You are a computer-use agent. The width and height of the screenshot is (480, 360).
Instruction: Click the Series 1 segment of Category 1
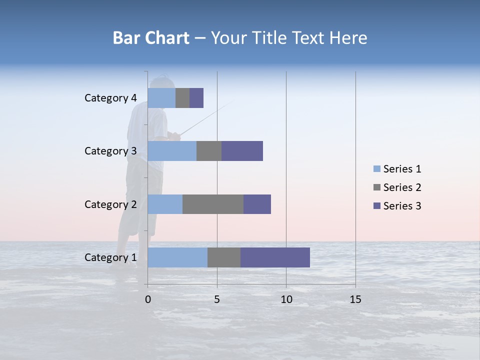pos(177,257)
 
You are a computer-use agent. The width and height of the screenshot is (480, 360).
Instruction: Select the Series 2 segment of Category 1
pos(224,257)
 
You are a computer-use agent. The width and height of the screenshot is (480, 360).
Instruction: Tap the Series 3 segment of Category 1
pos(275,257)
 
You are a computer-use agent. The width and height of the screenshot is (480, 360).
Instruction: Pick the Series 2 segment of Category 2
pos(213,204)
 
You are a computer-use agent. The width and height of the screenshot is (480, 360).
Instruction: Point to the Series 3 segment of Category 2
pos(257,204)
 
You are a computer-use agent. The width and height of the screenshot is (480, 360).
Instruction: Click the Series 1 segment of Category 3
pos(172,151)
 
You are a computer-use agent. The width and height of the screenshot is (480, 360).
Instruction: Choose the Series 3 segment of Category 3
pos(242,151)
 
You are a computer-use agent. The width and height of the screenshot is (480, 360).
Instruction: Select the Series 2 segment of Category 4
pos(182,98)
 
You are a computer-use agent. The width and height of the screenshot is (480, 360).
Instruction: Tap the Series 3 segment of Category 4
pos(196,98)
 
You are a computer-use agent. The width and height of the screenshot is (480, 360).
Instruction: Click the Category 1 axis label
pos(110,257)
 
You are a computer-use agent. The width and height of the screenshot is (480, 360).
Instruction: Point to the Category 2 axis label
pos(110,204)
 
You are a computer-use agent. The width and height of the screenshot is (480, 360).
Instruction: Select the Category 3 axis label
pos(110,151)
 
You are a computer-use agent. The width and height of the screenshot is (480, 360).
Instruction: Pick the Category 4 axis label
pos(110,98)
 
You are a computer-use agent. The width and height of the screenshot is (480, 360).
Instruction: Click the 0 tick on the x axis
pos(148,299)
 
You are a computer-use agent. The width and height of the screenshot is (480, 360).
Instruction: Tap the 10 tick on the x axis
pos(286,299)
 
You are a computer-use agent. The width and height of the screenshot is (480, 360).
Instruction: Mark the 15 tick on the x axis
pos(355,299)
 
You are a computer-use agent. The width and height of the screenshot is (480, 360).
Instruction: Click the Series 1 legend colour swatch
pos(377,169)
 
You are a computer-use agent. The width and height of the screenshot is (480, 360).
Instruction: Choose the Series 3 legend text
pos(402,206)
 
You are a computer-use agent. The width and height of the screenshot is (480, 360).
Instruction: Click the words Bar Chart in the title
pos(151,38)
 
